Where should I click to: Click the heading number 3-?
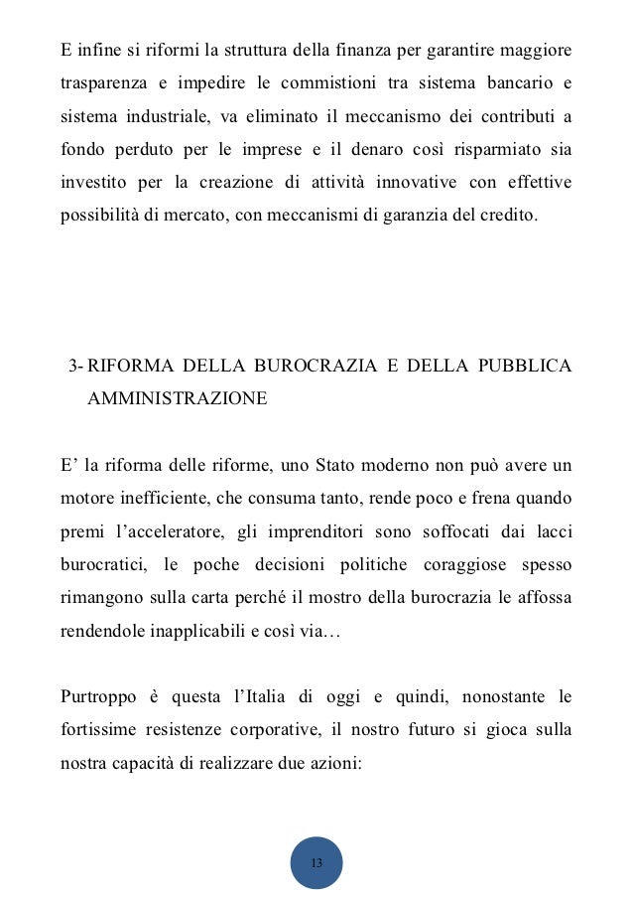click(75, 367)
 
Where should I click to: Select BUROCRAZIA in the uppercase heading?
click(316, 367)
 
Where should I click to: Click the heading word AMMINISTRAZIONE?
click(178, 399)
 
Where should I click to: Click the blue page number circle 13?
click(316, 862)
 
